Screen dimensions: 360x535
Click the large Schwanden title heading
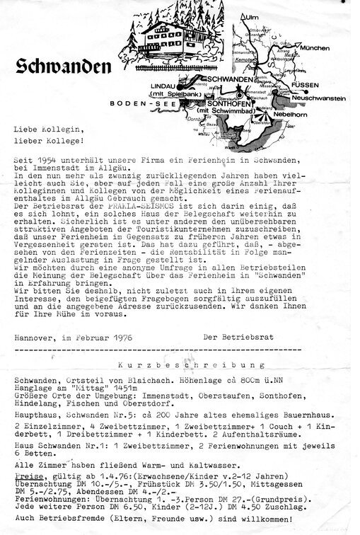pos(62,67)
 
